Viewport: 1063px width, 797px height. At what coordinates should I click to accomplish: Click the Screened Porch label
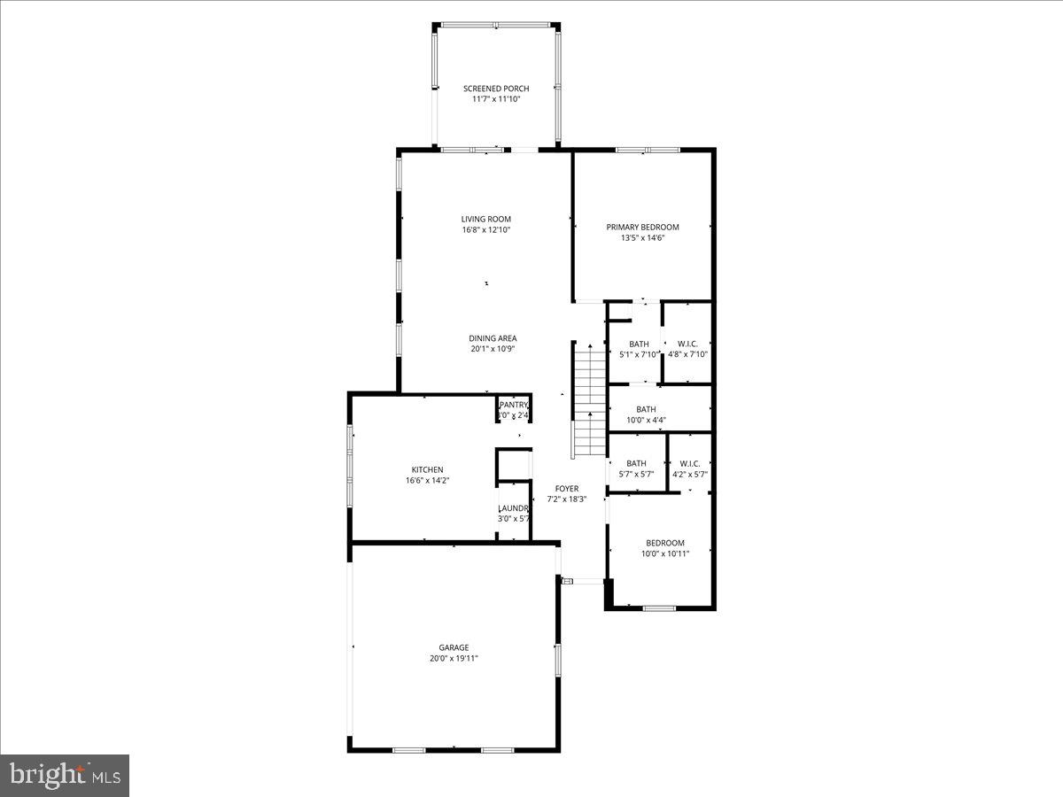click(x=496, y=89)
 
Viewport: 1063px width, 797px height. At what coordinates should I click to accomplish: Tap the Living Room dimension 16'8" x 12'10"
click(x=486, y=230)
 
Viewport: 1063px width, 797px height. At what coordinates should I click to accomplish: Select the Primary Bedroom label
click(x=642, y=227)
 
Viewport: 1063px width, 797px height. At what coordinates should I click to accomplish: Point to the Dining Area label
click(x=493, y=338)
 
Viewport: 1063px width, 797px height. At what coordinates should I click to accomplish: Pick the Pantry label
click(x=514, y=405)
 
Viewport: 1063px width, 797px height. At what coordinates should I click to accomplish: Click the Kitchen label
click(x=427, y=469)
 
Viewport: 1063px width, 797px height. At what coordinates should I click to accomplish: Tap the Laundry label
click(x=514, y=508)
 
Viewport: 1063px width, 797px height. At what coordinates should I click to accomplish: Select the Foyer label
click(x=567, y=488)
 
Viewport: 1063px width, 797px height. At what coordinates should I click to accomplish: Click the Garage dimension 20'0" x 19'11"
click(x=454, y=659)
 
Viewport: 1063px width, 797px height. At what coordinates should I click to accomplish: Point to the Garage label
click(x=454, y=647)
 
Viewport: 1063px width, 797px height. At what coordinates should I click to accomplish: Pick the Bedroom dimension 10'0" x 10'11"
click(x=664, y=554)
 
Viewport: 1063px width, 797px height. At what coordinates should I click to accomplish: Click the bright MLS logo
click(x=64, y=776)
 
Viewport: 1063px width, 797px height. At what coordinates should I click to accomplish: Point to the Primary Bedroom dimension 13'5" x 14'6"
click(x=642, y=238)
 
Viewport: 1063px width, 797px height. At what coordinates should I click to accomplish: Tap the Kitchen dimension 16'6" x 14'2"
click(x=427, y=481)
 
